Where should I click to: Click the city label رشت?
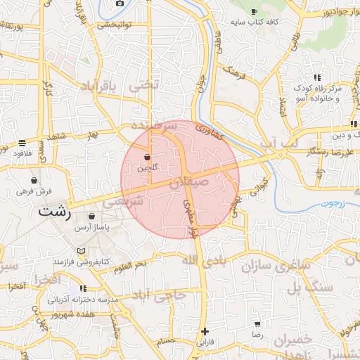(x=57, y=212)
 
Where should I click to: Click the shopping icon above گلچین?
(x=148, y=157)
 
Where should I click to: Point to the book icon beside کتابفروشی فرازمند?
(x=80, y=251)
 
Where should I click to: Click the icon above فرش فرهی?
(x=34, y=181)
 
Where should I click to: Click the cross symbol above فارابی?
(x=205, y=331)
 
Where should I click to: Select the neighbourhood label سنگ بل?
(x=307, y=287)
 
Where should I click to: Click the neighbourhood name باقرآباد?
(x=107, y=86)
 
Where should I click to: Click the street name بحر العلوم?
(x=131, y=264)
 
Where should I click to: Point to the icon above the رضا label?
(x=257, y=325)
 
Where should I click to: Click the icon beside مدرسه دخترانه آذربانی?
(x=84, y=288)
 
